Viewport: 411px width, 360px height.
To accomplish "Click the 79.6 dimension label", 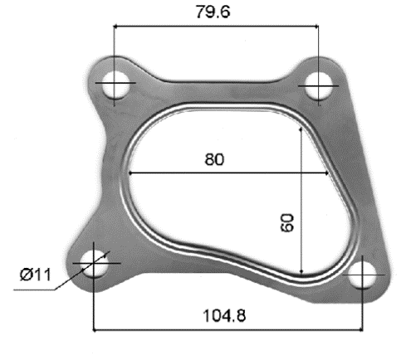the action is point(213,12).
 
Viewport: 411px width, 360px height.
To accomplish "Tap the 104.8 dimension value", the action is point(224,315).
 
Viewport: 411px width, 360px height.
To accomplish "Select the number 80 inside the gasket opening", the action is point(214,159).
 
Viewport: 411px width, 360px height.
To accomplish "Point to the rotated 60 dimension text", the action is point(286,223).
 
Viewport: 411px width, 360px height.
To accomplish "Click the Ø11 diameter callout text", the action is point(36,275).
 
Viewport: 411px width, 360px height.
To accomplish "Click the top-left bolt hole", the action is point(116,85).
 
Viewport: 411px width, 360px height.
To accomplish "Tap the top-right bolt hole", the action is point(319,85).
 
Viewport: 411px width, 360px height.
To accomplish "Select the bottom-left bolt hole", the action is point(95,264).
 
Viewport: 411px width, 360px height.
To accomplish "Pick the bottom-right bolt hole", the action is point(363,275).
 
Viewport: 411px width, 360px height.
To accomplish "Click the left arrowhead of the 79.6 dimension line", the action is point(116,27).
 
